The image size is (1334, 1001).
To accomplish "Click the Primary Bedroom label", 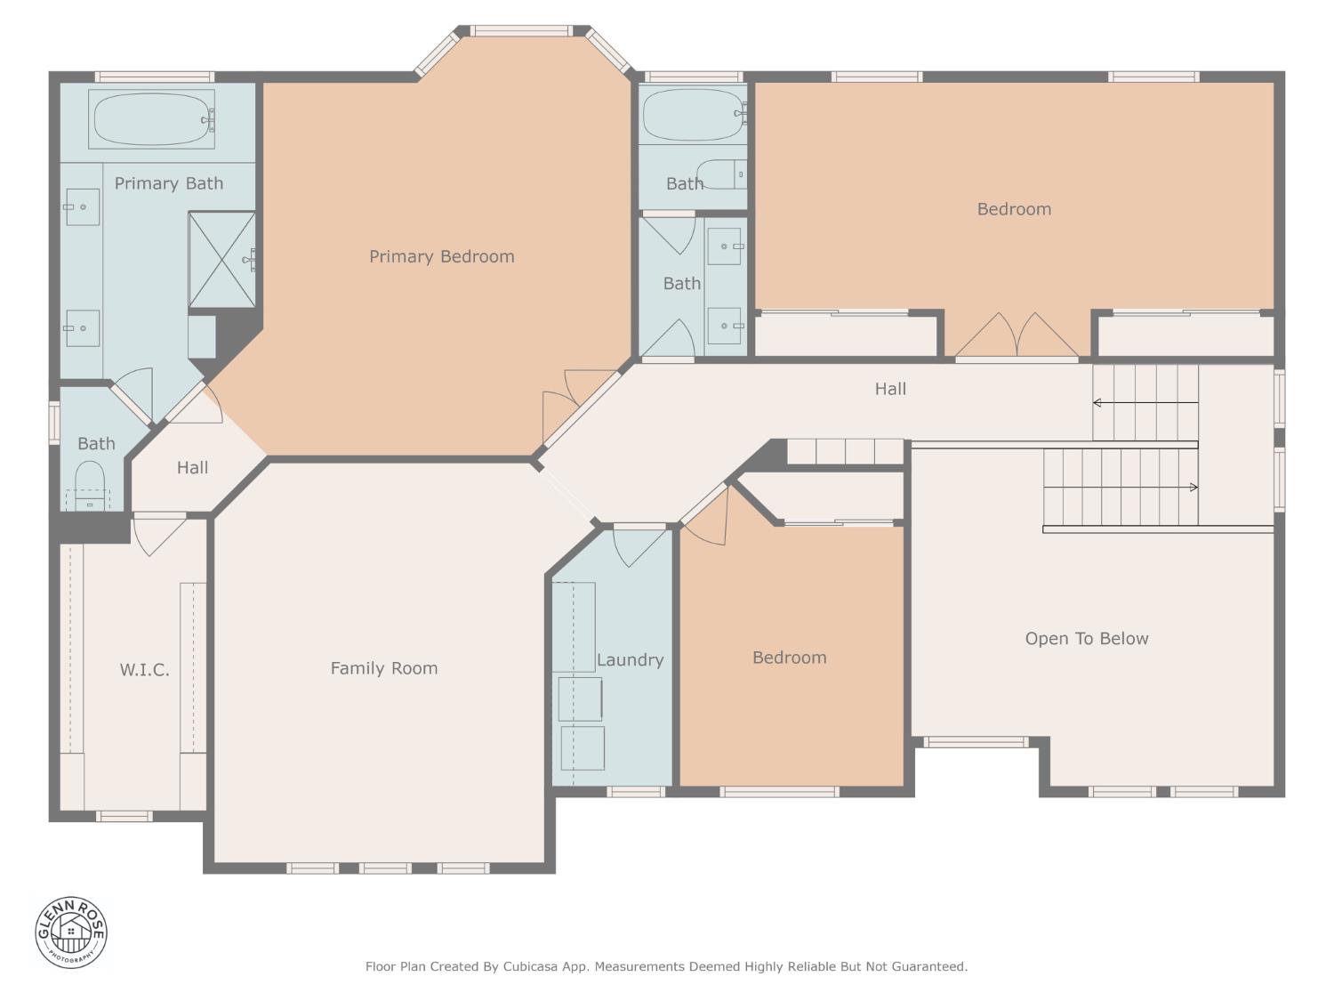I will [x=441, y=256].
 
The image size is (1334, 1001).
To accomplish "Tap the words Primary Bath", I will [x=168, y=183].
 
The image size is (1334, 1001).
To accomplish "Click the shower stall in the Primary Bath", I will [x=221, y=260].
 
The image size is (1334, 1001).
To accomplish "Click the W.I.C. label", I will [x=144, y=670].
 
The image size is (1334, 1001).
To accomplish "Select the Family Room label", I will [x=383, y=668].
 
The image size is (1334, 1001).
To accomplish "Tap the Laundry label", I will [x=630, y=660].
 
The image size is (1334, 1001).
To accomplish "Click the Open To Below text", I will [x=1086, y=639].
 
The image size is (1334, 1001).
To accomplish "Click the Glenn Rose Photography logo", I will [x=71, y=932].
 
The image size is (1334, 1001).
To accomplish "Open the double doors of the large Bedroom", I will [x=1017, y=336].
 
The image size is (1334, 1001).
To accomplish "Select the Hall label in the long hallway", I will [x=889, y=389].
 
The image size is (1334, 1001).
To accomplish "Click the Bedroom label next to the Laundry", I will [x=789, y=658].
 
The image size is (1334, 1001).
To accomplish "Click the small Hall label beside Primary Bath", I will [x=192, y=468].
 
